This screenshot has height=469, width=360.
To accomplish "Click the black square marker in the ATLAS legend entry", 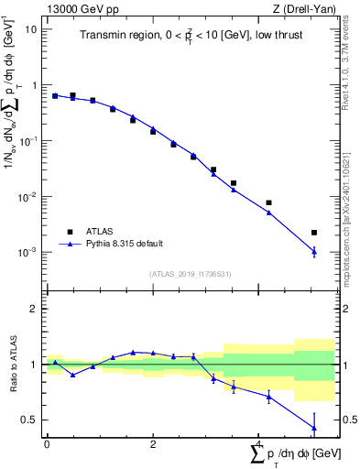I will point(69,232).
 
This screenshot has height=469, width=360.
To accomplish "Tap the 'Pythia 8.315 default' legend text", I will point(124,244).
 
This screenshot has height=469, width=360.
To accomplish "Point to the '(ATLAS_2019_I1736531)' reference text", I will point(188,273).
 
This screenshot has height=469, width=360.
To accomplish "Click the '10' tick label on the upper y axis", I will point(31,29).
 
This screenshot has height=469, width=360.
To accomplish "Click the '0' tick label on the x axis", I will point(47,444).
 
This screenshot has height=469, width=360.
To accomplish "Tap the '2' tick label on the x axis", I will point(153,444).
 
